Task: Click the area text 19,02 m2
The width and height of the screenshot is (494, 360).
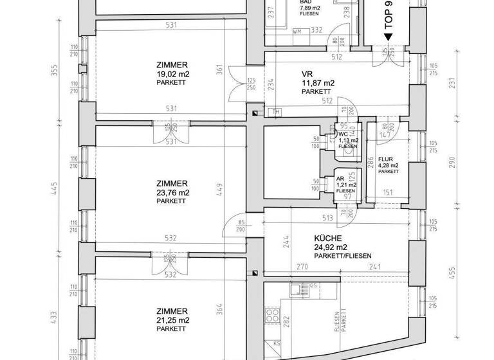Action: click(x=172, y=74)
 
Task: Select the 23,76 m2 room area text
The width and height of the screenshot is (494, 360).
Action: click(x=172, y=192)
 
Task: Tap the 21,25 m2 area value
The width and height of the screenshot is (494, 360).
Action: click(x=172, y=320)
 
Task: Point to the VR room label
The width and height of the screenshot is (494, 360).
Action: click(x=307, y=73)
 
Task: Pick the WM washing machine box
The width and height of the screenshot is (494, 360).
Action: click(x=297, y=31)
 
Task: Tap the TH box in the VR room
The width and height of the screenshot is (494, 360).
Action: click(x=277, y=113)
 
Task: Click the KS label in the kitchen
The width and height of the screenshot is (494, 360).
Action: click(x=276, y=344)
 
